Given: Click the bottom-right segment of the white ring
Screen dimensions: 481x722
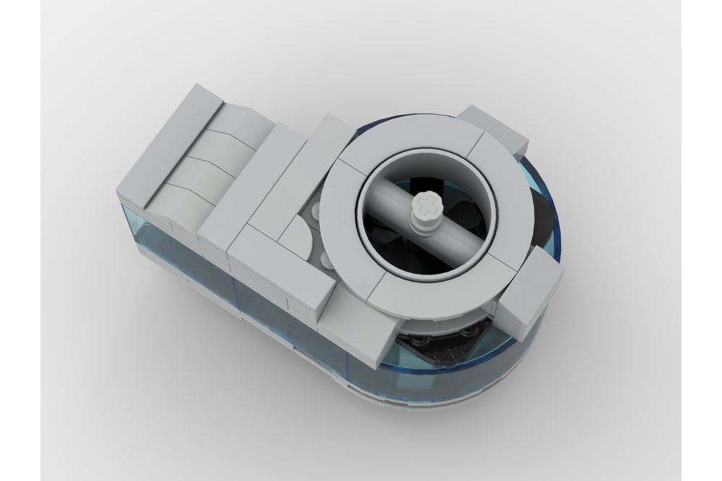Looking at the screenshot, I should [462, 289].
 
